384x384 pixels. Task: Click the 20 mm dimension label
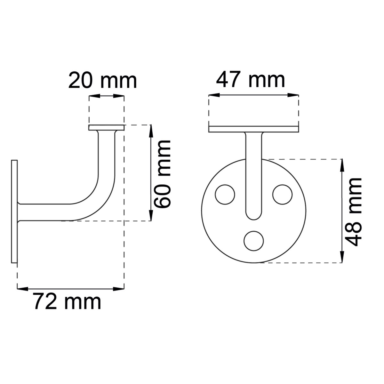coord(103,81)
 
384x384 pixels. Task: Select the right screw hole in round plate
coord(282,195)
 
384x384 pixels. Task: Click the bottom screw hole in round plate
coord(254,241)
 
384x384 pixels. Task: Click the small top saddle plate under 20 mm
coord(107,128)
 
